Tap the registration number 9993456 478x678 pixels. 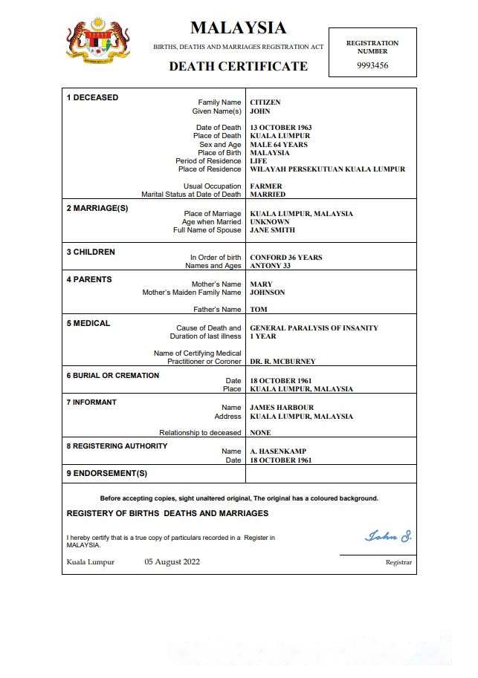click(x=372, y=65)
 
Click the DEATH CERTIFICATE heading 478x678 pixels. click(x=238, y=66)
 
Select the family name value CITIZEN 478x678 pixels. click(x=265, y=102)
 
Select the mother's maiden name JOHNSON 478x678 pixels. click(x=268, y=293)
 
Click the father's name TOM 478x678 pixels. click(x=259, y=310)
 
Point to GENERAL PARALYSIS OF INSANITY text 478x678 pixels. click(x=314, y=328)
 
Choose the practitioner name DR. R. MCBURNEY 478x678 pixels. click(x=282, y=362)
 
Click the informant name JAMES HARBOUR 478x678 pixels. click(x=282, y=408)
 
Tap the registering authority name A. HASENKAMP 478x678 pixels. click(x=278, y=452)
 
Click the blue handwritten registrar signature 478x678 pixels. click(x=387, y=536)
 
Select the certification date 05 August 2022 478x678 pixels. click(x=172, y=562)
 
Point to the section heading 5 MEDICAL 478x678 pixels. click(x=88, y=324)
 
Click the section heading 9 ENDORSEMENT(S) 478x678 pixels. click(x=107, y=474)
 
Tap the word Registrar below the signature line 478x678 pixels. click(x=398, y=563)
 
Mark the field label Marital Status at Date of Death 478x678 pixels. click(x=191, y=195)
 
